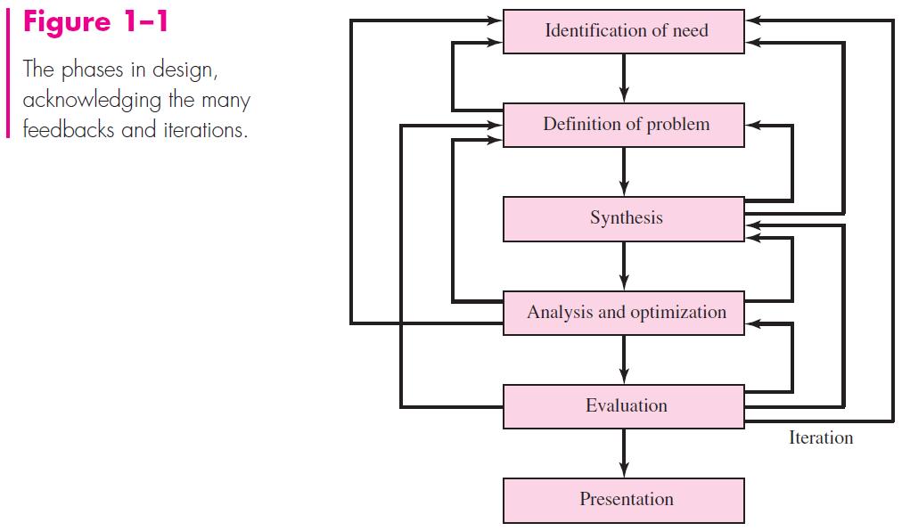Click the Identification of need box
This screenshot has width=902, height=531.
[x=623, y=31]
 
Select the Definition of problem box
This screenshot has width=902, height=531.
[x=623, y=125]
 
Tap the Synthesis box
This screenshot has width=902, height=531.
[x=623, y=219]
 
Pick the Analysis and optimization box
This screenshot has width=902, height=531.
[x=623, y=313]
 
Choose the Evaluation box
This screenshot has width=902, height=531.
[x=623, y=406]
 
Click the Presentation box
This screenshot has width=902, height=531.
[x=623, y=500]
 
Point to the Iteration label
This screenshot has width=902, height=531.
[x=820, y=437]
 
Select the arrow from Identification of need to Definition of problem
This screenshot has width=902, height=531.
[x=623, y=78]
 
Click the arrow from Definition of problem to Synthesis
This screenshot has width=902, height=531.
[x=623, y=172]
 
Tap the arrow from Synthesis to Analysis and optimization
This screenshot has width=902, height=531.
[x=623, y=265]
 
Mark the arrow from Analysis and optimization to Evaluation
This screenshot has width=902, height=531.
[x=623, y=359]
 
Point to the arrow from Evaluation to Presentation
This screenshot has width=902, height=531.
[x=623, y=453]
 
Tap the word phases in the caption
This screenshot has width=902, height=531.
[x=90, y=69]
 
